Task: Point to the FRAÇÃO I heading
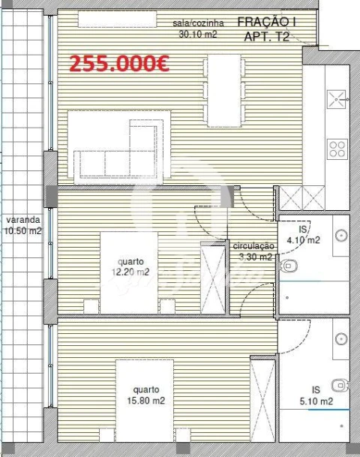(x=266, y=23)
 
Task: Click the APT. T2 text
(x=268, y=36)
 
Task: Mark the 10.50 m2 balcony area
(x=22, y=230)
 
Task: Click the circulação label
(x=253, y=246)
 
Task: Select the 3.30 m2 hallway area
(x=253, y=257)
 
